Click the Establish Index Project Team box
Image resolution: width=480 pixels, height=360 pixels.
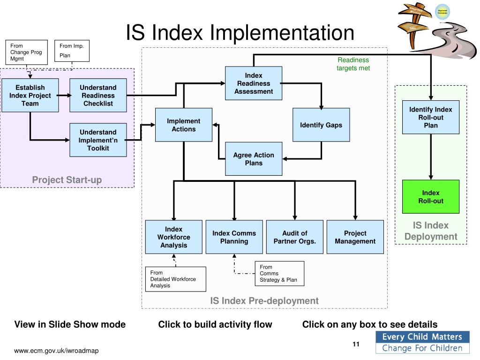[30, 95]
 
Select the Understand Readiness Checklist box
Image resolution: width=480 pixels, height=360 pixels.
[98, 95]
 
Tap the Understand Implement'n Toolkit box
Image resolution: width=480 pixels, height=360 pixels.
[98, 140]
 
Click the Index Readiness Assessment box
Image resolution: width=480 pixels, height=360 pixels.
[254, 83]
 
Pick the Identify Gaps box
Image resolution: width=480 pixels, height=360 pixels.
[321, 125]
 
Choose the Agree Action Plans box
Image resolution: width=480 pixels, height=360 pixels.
[254, 159]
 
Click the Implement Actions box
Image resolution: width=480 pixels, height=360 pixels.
[184, 125]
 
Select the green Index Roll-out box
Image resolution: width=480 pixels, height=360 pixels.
[431, 197]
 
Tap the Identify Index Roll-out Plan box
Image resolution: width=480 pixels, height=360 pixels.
[431, 117]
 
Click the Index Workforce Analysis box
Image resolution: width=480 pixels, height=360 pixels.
[173, 237]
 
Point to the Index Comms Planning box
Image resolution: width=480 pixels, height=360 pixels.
[234, 237]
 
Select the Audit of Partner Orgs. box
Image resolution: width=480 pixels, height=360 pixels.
[294, 237]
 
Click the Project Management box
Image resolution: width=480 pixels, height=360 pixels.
[355, 237]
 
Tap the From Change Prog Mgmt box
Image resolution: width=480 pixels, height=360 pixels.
[27, 52]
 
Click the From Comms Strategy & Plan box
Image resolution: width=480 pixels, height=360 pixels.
[279, 274]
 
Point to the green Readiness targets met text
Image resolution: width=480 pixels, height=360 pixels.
[353, 64]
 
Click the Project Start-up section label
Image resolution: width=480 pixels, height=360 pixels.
[67, 180]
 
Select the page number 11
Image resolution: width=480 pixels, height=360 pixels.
[356, 345]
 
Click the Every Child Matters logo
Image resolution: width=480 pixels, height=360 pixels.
[422, 342]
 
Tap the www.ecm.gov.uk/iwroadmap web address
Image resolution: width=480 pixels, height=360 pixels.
[56, 351]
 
